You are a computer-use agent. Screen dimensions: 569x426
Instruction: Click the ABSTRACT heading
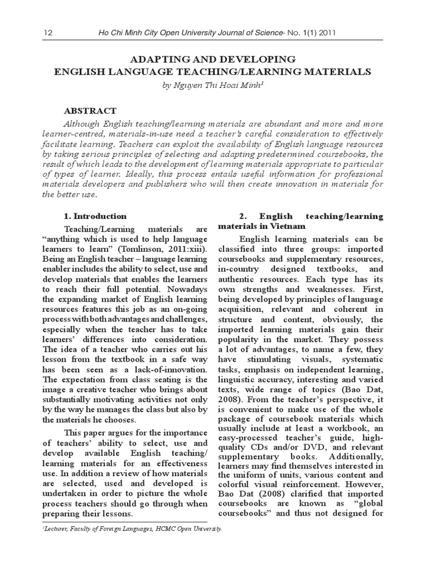tap(90, 111)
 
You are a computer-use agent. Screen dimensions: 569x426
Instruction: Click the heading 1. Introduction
tap(95, 216)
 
